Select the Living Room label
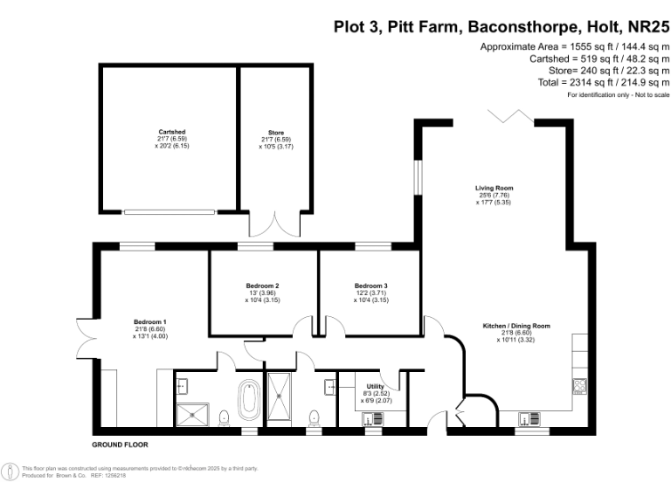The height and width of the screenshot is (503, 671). (494, 188)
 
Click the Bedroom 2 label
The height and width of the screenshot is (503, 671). (263, 286)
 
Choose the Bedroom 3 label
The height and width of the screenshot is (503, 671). (371, 286)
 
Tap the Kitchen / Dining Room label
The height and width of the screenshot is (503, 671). (517, 326)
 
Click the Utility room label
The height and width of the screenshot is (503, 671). (376, 385)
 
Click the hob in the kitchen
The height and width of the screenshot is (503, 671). (579, 385)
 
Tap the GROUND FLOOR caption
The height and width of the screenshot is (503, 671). (121, 444)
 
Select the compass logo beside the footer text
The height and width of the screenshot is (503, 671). (10, 472)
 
